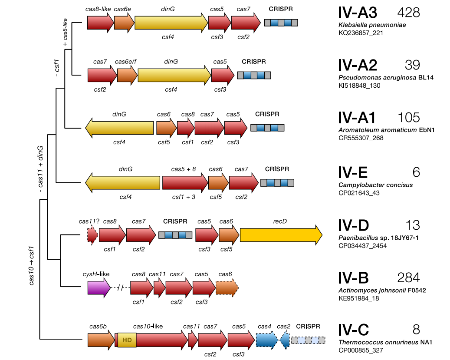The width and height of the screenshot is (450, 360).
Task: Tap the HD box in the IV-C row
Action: point(127,340)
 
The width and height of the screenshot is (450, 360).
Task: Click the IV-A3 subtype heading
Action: point(358,13)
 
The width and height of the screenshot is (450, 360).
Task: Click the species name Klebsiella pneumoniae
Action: point(372,25)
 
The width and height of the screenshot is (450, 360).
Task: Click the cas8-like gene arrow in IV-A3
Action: point(100,23)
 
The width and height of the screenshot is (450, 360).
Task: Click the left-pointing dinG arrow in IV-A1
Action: point(120,128)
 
